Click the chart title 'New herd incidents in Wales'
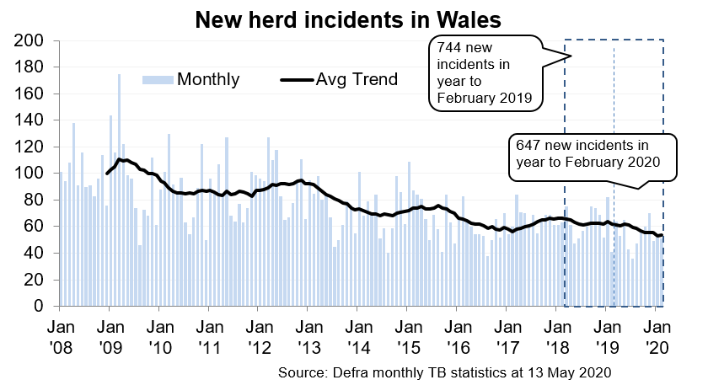pos(347,19)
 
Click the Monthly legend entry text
pos(208,80)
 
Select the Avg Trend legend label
pos(357,80)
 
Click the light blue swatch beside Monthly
pos(158,80)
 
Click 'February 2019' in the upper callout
pos(483,99)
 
